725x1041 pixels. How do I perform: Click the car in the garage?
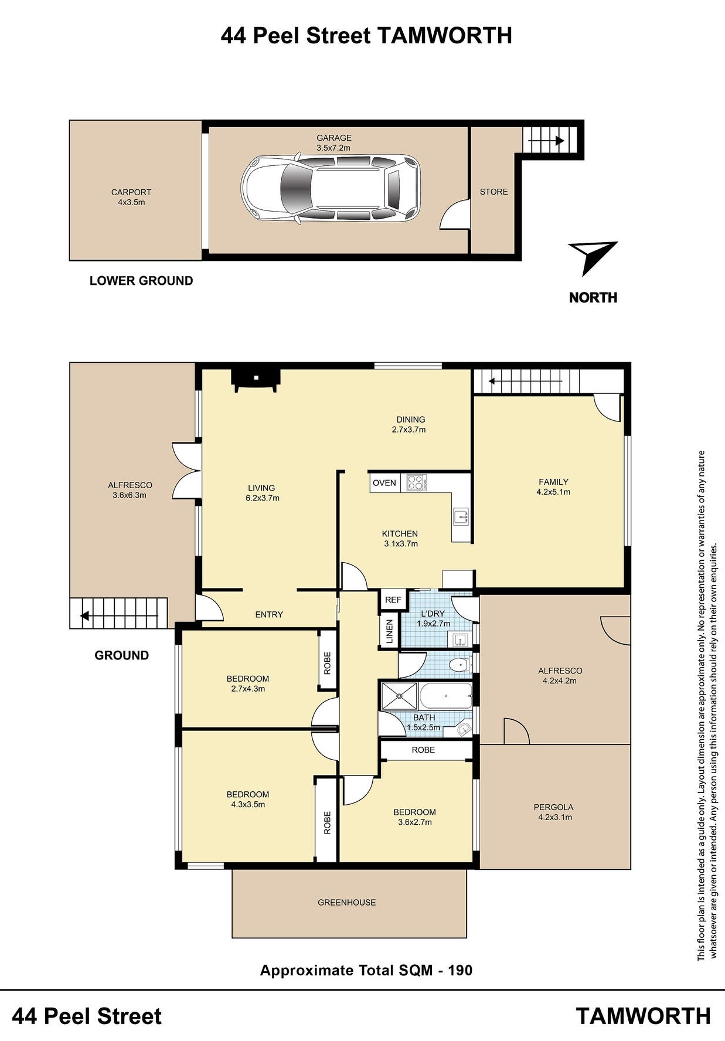(331, 189)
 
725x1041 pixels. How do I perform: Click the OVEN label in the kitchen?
(384, 483)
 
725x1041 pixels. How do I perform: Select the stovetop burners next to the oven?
(417, 482)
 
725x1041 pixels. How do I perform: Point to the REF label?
(393, 600)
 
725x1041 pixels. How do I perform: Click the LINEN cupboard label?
(390, 631)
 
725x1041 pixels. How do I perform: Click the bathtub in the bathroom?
(446, 696)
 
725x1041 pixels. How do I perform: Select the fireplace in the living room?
(256, 379)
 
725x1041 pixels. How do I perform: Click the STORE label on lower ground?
(494, 192)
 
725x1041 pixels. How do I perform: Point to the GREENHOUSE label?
(347, 902)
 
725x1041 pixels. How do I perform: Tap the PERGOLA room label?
(555, 807)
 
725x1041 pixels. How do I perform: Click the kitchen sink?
(461, 516)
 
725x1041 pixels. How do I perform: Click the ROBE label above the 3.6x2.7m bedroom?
(423, 750)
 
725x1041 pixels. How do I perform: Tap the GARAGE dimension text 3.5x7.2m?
(333, 148)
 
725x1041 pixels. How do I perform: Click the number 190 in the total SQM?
(460, 970)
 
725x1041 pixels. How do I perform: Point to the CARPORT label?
(131, 192)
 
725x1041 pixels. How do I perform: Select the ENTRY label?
(269, 614)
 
